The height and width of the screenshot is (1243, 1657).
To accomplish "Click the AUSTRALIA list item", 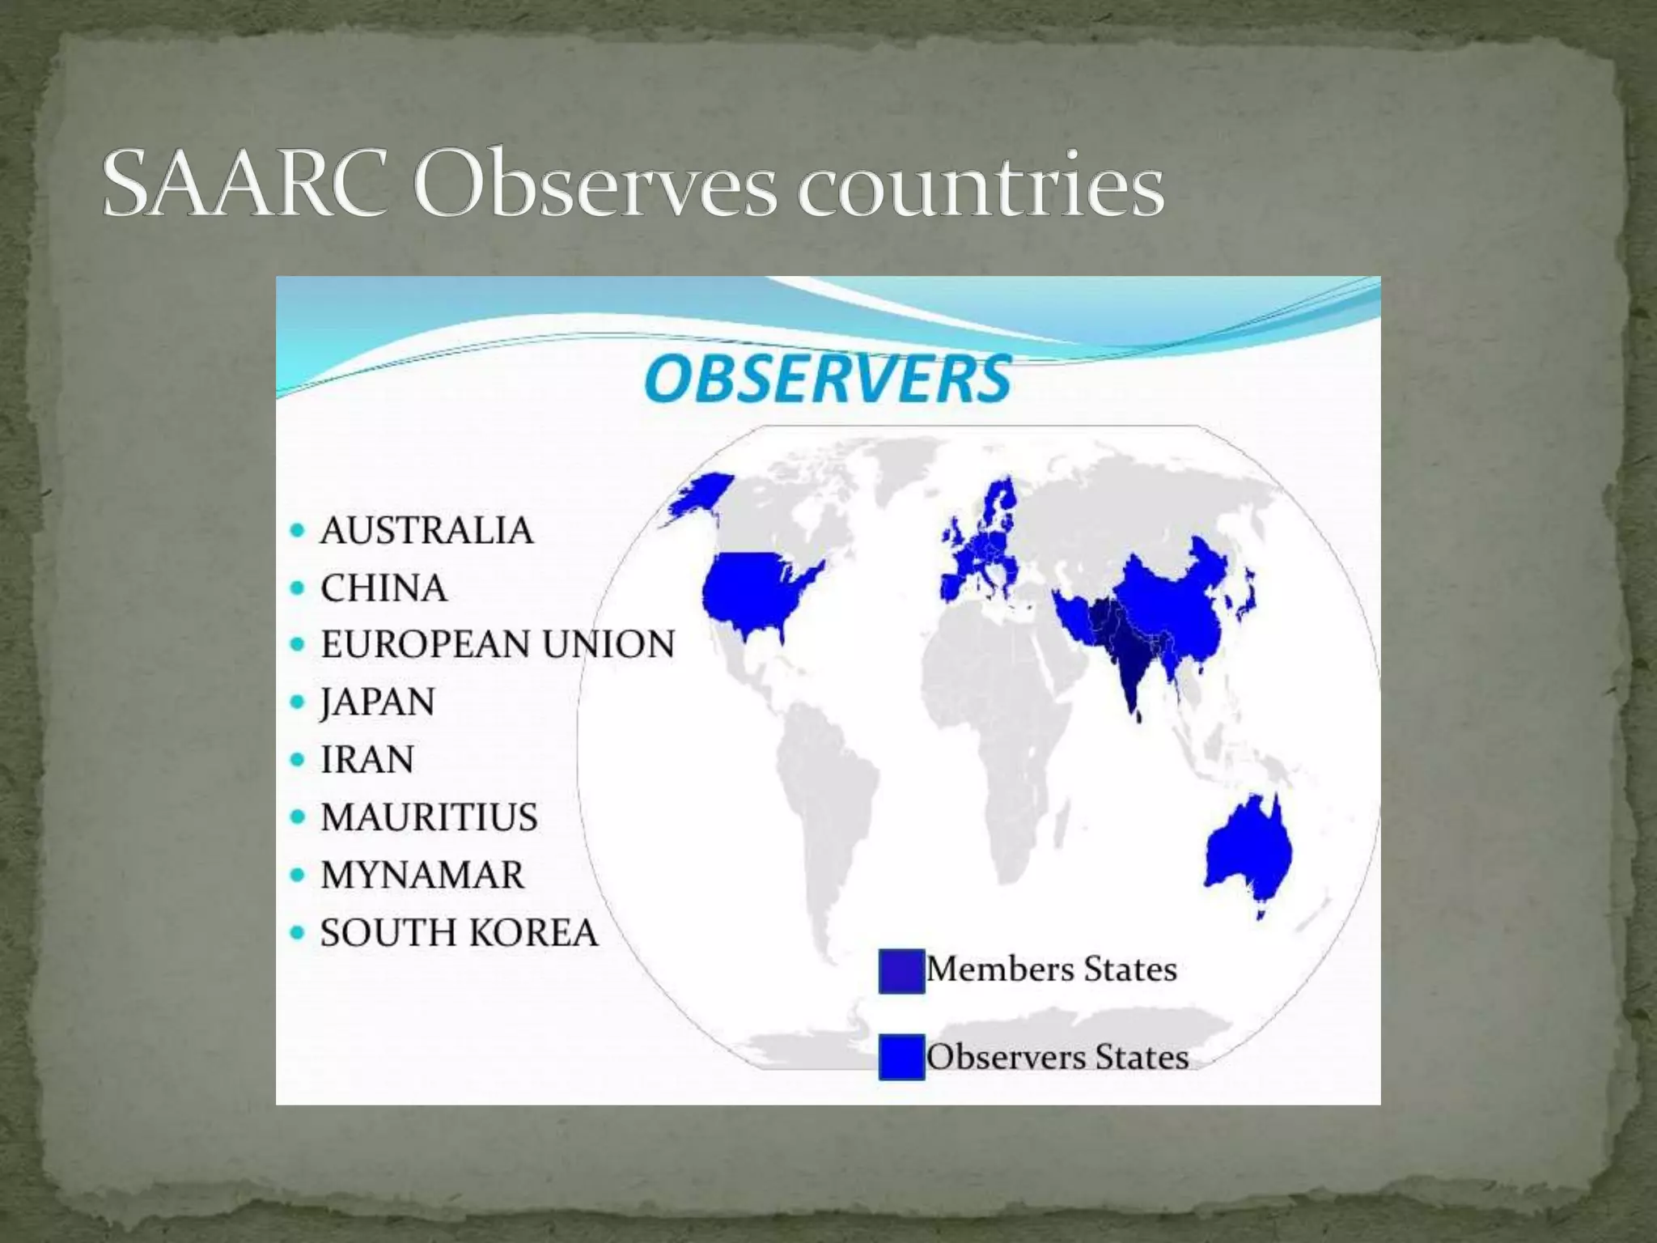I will [426, 531].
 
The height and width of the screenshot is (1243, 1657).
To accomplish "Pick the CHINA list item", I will [383, 588].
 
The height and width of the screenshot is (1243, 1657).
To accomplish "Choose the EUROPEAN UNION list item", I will [497, 645].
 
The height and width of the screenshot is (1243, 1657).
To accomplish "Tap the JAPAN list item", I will [377, 702].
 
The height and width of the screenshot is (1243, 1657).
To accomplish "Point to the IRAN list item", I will [367, 760].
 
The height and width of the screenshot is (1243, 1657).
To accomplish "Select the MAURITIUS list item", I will [429, 817].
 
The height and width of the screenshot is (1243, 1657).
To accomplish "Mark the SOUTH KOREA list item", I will [458, 933].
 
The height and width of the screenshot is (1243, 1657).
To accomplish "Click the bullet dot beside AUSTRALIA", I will [298, 532].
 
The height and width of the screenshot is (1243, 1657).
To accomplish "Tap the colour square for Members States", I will [901, 970].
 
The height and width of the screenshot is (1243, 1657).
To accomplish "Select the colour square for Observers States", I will [901, 1057].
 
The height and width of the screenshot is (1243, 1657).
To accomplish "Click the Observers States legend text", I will [1057, 1057].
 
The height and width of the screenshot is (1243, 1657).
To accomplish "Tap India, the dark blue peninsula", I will [1129, 664].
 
